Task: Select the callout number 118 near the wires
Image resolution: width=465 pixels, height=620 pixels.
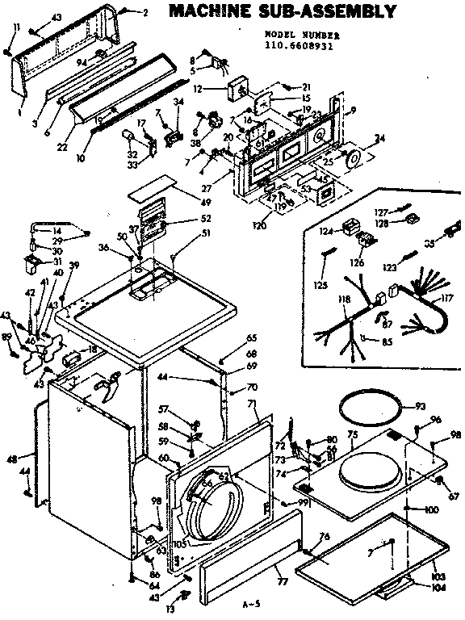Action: (x=345, y=300)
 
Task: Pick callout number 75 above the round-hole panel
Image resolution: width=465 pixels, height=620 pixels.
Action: (x=352, y=434)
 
